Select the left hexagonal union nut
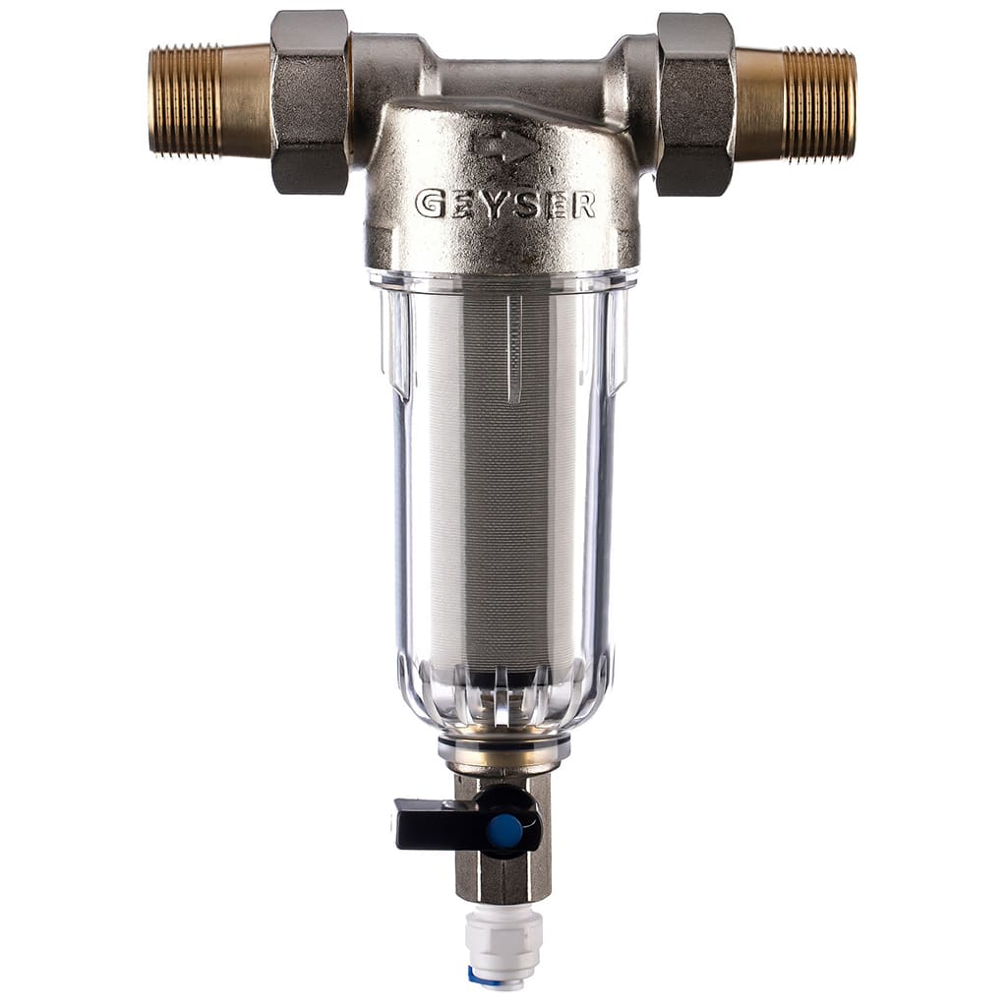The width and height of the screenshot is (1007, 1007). pos(310,102)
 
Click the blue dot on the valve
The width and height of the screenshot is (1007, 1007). pos(504,830)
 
